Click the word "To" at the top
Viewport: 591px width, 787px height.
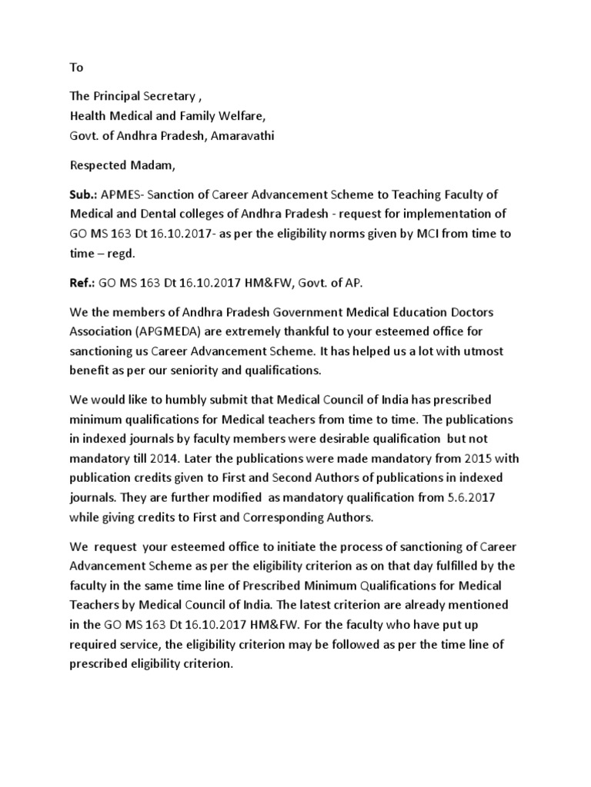click(76, 68)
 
